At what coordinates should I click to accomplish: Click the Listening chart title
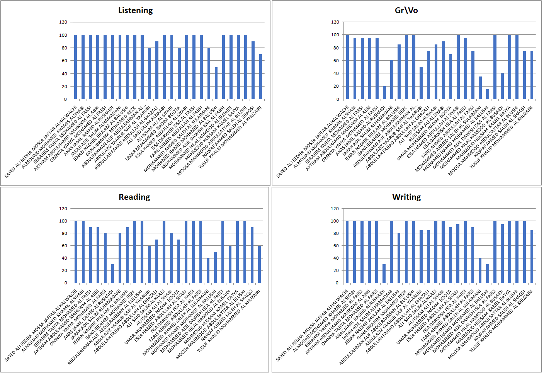tap(135, 10)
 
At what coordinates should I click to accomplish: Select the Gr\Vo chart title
tap(406, 10)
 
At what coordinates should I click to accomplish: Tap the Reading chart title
tap(134, 197)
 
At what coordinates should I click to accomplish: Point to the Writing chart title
tap(406, 197)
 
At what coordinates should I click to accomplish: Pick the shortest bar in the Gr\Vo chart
tap(487, 94)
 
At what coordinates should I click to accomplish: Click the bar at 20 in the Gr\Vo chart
tap(384, 93)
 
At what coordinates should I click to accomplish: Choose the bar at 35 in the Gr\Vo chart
tap(480, 88)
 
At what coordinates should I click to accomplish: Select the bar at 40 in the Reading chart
tap(208, 270)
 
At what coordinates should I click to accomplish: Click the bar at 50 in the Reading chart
tap(215, 267)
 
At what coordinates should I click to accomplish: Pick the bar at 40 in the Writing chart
tap(480, 270)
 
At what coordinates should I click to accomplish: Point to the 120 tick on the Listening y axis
tap(63, 22)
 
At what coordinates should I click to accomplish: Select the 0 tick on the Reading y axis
tap(66, 283)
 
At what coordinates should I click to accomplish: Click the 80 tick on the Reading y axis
tap(64, 233)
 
